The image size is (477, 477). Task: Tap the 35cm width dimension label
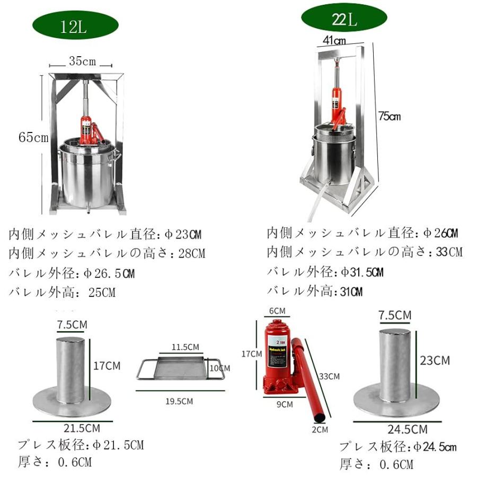click(82, 61)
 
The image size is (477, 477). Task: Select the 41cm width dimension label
click(334, 40)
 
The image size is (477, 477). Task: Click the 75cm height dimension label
click(390, 116)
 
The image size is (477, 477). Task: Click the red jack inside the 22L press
click(337, 103)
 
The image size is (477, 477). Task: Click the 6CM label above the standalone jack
click(277, 311)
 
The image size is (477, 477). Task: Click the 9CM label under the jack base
click(285, 404)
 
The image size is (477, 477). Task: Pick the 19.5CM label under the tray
click(179, 401)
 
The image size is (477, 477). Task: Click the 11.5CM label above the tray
click(185, 347)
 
